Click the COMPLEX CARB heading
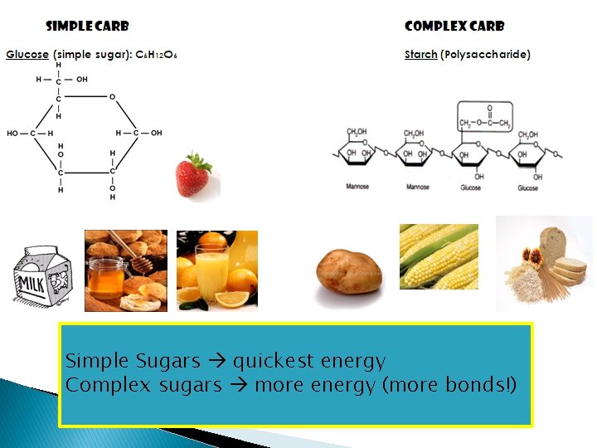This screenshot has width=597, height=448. (x=454, y=27)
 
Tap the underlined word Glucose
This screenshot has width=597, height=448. (x=27, y=55)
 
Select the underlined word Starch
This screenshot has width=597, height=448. (x=420, y=55)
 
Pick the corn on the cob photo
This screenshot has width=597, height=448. (x=439, y=256)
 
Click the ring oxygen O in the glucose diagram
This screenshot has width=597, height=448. (x=113, y=97)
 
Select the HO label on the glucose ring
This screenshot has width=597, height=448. (x=13, y=133)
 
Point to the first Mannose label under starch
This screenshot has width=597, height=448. (x=357, y=187)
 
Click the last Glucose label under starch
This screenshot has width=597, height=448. (x=527, y=188)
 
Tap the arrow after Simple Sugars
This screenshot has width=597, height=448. (x=216, y=361)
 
